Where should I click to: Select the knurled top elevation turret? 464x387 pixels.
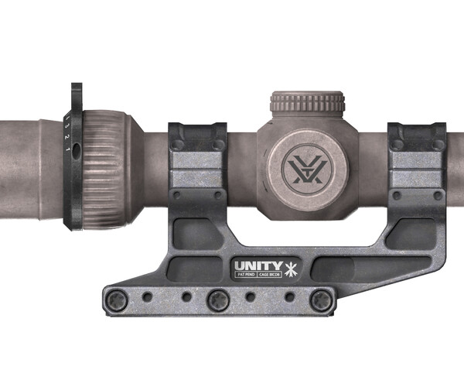coord(307,104)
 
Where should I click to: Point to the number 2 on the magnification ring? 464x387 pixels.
coord(67,137)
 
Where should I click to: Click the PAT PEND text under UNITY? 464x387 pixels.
coord(247,276)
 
